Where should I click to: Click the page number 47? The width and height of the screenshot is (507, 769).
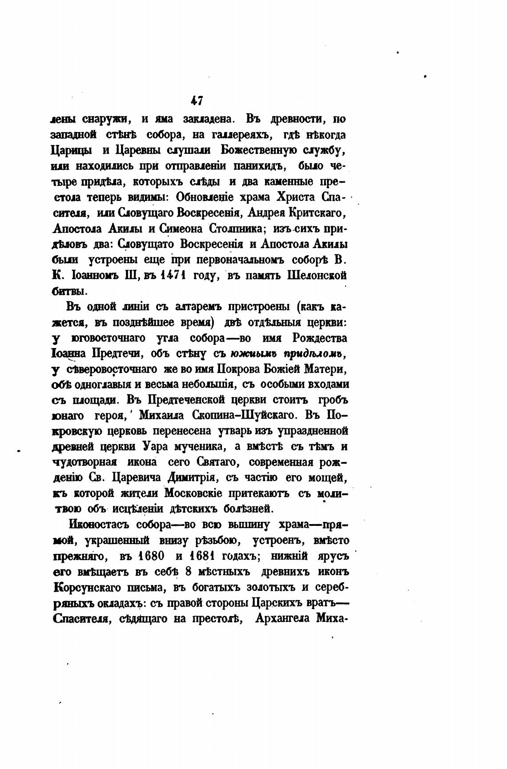[197, 100]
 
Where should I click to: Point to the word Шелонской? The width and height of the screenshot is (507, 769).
[317, 276]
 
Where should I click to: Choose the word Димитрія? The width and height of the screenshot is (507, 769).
[193, 478]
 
